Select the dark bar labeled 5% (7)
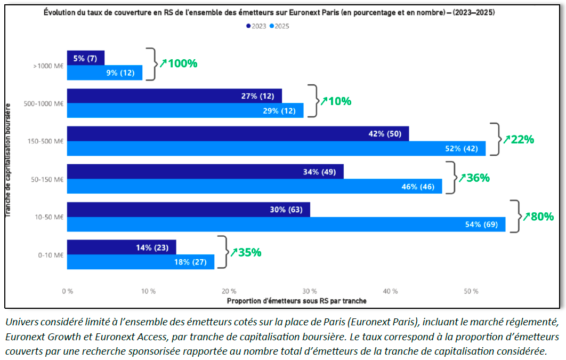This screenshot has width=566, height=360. point(85,58)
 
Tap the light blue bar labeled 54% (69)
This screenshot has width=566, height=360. point(286,225)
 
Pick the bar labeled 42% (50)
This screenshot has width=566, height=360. point(238,134)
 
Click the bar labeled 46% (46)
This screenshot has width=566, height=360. point(254,187)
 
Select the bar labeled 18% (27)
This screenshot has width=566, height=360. point(141,262)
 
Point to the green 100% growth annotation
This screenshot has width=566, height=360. point(179,63)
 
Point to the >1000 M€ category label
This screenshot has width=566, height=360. point(48,66)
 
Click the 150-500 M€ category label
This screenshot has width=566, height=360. point(46,141)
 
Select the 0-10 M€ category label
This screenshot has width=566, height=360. point(51,255)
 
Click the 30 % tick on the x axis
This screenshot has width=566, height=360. point(310,291)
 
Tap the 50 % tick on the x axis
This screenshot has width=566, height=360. point(471,291)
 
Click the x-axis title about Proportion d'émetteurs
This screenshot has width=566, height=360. point(296,301)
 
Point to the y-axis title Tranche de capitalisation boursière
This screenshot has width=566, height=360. point(9,161)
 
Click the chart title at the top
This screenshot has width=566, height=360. point(269,12)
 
